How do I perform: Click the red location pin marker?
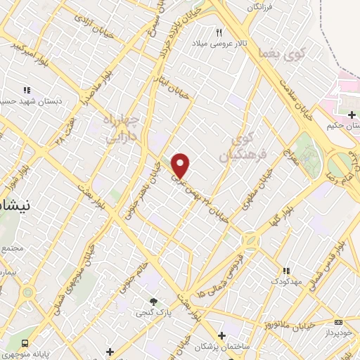[181, 165]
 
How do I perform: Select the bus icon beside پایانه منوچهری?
[26, 343]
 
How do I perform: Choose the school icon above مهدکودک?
[285, 270]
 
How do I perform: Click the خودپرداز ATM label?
[340, 330]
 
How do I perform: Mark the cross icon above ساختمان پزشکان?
[221, 335]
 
